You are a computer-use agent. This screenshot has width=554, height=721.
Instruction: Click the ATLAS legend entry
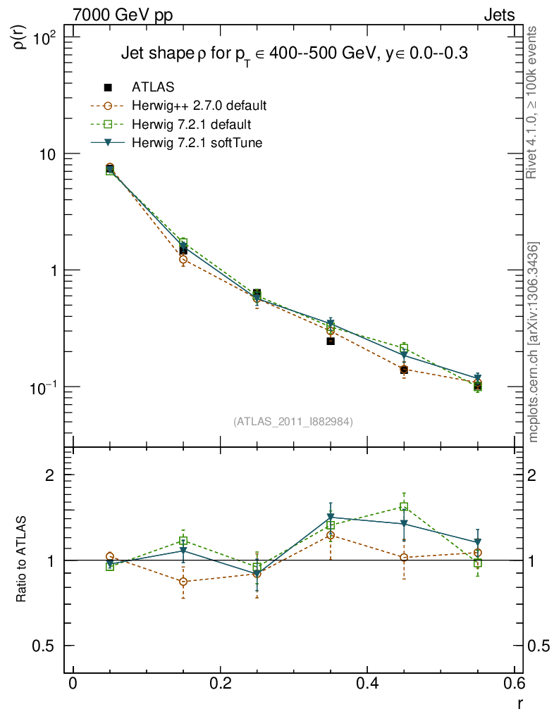[153, 87]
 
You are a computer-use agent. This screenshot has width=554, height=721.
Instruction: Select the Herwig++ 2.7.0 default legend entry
[198, 106]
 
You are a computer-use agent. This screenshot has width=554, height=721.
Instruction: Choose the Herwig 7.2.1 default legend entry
[191, 125]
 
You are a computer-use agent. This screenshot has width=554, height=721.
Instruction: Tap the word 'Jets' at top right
[498, 15]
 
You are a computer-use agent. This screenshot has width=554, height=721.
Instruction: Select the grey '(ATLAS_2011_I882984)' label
[293, 421]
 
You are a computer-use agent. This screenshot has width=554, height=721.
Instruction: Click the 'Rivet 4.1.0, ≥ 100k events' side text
[534, 102]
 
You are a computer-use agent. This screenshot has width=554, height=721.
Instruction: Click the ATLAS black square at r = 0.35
[331, 341]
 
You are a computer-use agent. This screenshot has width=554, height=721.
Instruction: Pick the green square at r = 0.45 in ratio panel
[404, 507]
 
